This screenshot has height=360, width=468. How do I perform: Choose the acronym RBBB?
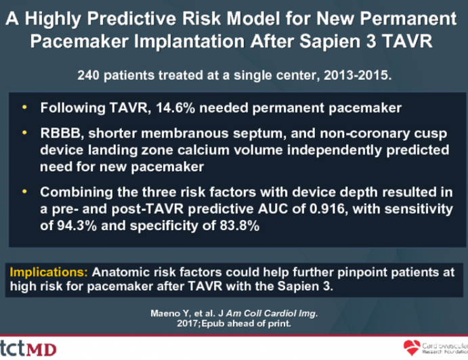pos(60,133)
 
